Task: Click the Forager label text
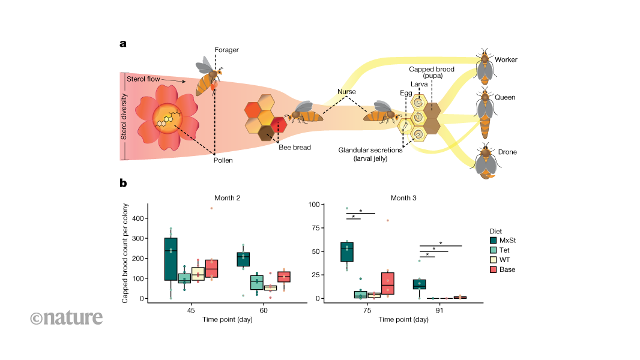pos(227,50)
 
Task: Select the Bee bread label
pos(294,147)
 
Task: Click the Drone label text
pos(507,152)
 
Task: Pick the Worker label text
pos(506,60)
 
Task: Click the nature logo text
pos(66,317)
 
